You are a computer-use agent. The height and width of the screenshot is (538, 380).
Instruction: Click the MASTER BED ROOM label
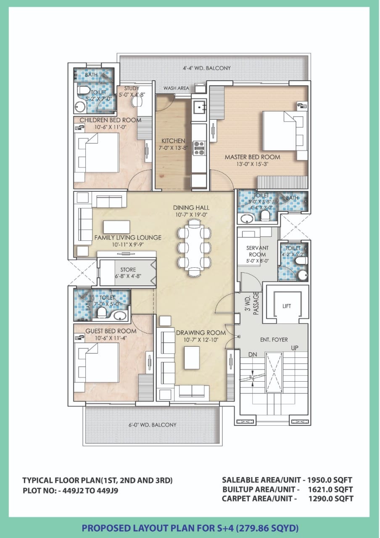click(x=252, y=157)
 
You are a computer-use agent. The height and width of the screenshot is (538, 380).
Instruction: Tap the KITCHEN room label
click(x=173, y=140)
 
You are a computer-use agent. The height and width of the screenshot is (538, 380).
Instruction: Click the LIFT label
click(x=287, y=306)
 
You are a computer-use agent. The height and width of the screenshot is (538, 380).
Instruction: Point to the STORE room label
click(x=128, y=269)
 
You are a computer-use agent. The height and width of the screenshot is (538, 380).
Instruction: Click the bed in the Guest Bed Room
click(x=96, y=362)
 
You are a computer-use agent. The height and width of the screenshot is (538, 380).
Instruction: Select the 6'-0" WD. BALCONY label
click(x=152, y=425)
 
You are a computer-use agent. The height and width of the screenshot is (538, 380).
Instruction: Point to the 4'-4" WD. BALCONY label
click(x=206, y=68)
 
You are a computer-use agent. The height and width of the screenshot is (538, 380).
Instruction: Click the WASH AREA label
click(x=176, y=88)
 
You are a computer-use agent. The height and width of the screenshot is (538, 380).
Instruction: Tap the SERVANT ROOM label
click(x=257, y=251)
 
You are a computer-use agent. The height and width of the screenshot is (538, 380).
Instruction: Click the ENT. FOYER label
click(x=274, y=340)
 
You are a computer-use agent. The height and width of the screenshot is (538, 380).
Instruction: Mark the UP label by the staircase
click(x=295, y=348)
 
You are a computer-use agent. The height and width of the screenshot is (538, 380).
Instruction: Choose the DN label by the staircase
click(x=253, y=354)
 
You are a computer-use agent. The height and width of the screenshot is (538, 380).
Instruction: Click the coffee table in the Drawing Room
click(x=192, y=358)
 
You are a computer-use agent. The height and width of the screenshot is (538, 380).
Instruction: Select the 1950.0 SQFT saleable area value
click(x=330, y=480)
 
